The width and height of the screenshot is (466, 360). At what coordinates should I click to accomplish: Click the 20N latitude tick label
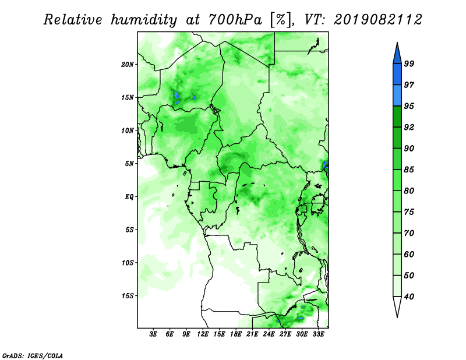(x=128, y=65)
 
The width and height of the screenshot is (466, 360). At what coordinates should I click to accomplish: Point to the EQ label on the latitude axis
(x=129, y=197)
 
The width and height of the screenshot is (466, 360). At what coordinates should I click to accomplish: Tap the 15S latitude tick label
(x=128, y=296)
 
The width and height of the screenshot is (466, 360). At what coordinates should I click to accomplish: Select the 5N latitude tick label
(x=129, y=164)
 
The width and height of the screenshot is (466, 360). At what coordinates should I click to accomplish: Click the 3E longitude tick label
(x=153, y=334)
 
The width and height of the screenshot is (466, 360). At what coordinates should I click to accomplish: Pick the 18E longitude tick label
(x=236, y=334)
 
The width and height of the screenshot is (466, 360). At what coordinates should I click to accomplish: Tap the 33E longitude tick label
(x=318, y=334)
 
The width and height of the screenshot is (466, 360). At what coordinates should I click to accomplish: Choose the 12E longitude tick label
(x=203, y=334)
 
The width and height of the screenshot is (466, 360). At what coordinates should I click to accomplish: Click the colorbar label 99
(x=409, y=63)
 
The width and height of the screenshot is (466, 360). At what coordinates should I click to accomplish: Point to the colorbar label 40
(x=409, y=297)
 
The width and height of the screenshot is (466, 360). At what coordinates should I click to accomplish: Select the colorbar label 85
(x=409, y=170)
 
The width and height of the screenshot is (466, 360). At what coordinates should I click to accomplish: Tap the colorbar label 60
(x=409, y=255)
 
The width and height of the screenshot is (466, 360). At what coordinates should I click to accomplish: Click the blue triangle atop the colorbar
(x=397, y=55)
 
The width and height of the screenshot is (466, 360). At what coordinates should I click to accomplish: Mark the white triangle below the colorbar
(x=397, y=305)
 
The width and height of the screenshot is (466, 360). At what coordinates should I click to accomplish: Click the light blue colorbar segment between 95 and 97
(x=397, y=96)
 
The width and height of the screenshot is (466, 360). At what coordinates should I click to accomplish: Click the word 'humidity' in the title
(x=144, y=20)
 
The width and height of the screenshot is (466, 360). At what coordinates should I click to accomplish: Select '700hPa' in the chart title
(x=235, y=20)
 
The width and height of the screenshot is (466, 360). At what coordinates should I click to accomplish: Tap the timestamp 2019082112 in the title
(x=377, y=20)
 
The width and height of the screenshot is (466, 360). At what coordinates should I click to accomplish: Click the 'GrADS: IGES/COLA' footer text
(x=33, y=356)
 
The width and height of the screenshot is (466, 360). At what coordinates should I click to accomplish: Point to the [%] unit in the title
(x=281, y=20)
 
